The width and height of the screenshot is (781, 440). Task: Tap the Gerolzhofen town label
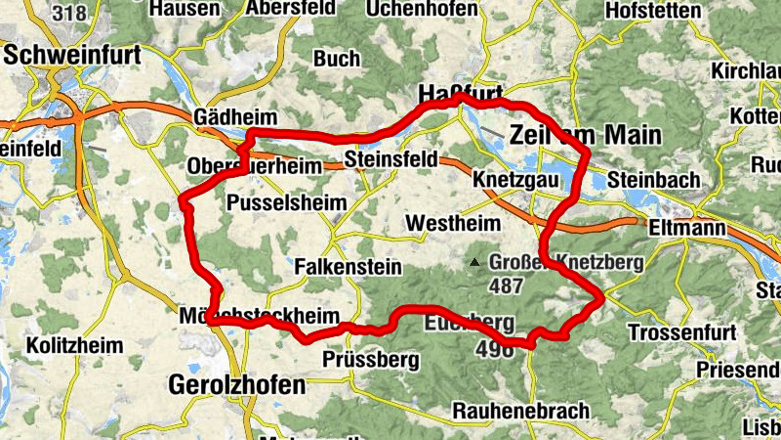click(x=237, y=384)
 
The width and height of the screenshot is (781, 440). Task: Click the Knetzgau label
click(x=515, y=181)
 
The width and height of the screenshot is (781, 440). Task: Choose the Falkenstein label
click(x=337, y=266)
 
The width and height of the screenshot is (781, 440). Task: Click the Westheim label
click(x=452, y=224)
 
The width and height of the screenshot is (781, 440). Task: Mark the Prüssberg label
click(x=370, y=360)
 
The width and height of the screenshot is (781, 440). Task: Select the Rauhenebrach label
click(x=519, y=411)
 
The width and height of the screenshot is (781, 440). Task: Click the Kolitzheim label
click(x=75, y=346)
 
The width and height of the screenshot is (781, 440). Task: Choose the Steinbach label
click(x=653, y=180)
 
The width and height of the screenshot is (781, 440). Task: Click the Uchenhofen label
click(x=422, y=9)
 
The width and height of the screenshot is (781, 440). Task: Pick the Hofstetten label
click(x=653, y=10)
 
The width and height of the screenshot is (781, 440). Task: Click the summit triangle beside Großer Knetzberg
click(x=474, y=262)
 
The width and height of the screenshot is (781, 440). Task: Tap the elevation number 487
click(x=507, y=286)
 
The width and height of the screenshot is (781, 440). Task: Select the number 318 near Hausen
click(x=69, y=12)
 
